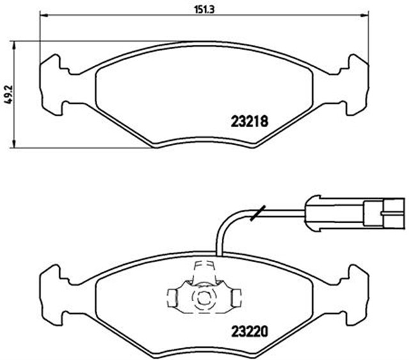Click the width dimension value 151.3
204,8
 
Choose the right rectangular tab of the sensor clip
236,296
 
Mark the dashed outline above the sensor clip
203,268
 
